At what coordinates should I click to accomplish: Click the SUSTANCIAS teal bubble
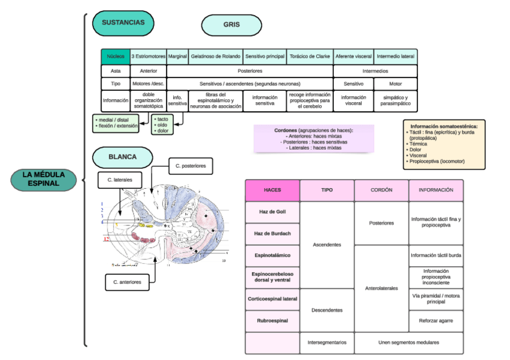pos(123,23)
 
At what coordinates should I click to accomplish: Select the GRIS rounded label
pos(232,25)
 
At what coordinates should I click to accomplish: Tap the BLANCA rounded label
pos(122,157)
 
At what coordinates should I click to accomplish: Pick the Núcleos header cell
pos(115,56)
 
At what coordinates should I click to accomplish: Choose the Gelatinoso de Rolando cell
pos(216,56)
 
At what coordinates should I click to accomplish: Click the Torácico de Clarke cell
pos(310,56)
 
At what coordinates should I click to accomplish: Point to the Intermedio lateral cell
pos(395,56)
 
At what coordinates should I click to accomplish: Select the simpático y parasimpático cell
pos(395,100)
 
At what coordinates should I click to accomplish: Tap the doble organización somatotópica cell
pos(149,100)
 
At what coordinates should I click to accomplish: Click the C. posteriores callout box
pos(190,165)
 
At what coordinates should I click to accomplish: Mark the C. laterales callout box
pos(120,179)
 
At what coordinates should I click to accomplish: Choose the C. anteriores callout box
pos(127,281)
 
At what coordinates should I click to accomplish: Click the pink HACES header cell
pos(272,190)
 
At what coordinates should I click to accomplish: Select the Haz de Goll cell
pos(272,212)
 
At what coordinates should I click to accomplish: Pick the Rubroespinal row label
pos(272,321)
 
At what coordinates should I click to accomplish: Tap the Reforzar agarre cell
pos(436,321)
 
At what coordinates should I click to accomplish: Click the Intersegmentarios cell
pos(327,343)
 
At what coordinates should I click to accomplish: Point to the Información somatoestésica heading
pos(444,127)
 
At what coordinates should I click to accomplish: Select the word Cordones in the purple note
pos(286,130)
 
